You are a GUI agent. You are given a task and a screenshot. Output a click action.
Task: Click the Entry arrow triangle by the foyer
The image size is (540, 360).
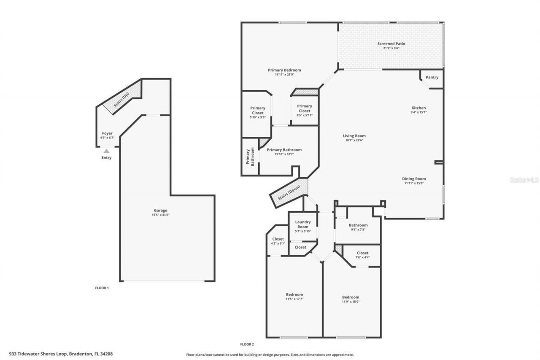coord(106,151)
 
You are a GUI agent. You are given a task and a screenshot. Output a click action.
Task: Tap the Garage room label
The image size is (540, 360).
coord(160,210)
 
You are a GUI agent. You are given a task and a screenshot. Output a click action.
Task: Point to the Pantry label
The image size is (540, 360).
coord(432,77)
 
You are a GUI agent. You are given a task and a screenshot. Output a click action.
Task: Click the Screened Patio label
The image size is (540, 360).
coord(391,43)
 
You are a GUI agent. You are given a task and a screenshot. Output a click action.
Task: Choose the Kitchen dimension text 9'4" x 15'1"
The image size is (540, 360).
coord(418,112)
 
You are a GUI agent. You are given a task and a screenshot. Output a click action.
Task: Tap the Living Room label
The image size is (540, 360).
coord(354,136)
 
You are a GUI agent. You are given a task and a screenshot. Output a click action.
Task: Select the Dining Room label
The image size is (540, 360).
coord(414,179)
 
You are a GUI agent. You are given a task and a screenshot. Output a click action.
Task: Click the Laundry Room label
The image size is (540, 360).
coord(303,224)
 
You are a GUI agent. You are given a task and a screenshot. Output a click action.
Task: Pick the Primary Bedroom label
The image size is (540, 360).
coord(284,70)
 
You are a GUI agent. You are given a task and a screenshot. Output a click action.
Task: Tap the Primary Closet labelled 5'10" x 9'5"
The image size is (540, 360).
coord(257,111)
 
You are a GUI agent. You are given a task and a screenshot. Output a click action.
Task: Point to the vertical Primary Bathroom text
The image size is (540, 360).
coord(250,157)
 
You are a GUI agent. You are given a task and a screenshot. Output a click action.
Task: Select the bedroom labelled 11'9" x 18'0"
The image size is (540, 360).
coord(351,297)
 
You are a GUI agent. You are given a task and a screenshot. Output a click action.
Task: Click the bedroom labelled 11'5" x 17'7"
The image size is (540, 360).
coord(294,295)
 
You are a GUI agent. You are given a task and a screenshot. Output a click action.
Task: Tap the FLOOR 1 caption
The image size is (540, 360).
coord(102,288)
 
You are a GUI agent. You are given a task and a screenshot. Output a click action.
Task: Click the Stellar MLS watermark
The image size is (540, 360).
coord(524,180)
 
